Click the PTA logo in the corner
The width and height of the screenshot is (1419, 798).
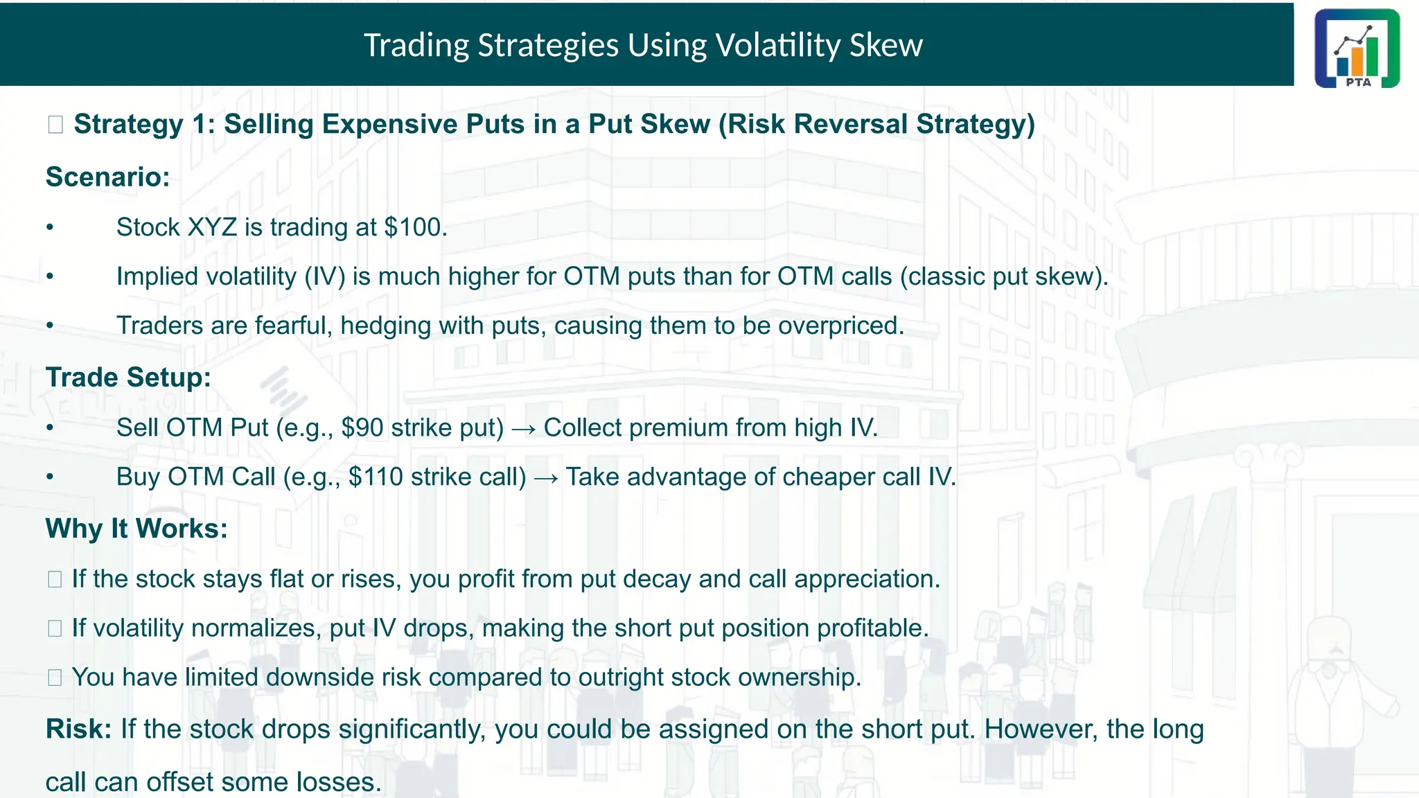tap(1357, 48)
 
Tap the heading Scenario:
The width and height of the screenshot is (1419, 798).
tap(107, 177)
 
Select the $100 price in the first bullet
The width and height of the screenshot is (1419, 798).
tap(413, 227)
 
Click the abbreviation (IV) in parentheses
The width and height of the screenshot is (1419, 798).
tap(325, 276)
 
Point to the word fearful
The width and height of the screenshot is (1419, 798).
tap(294, 326)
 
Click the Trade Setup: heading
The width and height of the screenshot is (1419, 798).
tap(128, 378)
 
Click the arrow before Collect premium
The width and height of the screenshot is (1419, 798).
tap(523, 429)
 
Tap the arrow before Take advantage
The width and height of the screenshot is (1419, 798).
tap(546, 478)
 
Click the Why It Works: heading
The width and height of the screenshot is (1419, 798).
tap(136, 529)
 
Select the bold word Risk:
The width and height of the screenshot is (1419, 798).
tap(78, 729)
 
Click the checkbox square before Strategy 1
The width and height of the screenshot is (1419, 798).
tap(55, 125)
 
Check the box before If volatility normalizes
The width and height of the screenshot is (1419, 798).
tap(55, 628)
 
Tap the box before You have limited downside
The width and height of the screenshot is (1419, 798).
tap(55, 677)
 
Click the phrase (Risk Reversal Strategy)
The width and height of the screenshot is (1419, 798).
tap(876, 125)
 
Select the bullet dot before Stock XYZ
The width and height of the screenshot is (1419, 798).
tap(50, 228)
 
